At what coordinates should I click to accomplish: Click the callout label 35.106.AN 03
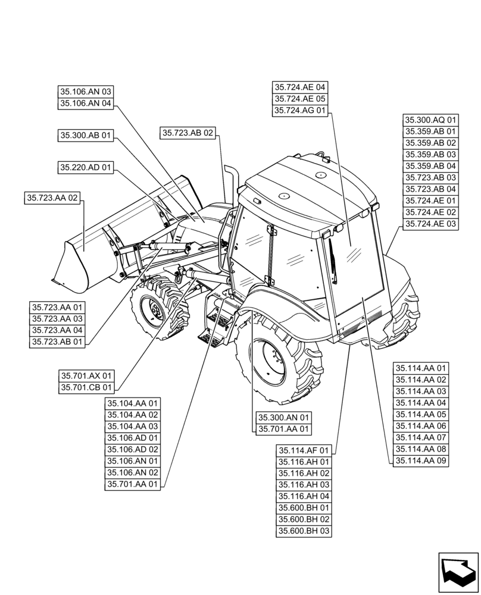click(x=85, y=92)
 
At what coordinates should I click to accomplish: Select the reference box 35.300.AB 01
click(x=85, y=136)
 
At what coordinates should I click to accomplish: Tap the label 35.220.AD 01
click(x=85, y=168)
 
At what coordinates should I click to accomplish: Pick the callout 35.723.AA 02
click(x=52, y=198)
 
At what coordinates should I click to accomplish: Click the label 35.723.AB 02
click(x=187, y=133)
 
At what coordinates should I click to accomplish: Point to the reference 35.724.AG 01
click(x=300, y=111)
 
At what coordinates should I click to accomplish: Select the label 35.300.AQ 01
click(x=431, y=120)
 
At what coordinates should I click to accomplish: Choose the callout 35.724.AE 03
click(x=431, y=224)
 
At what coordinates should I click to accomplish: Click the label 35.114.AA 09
click(x=421, y=461)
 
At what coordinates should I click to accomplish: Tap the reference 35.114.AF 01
click(x=304, y=450)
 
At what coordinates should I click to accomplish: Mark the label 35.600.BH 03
click(x=304, y=531)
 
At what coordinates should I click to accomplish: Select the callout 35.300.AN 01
click(x=284, y=418)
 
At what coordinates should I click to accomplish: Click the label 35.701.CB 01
click(x=86, y=387)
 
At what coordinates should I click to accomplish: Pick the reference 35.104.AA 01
click(x=133, y=403)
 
